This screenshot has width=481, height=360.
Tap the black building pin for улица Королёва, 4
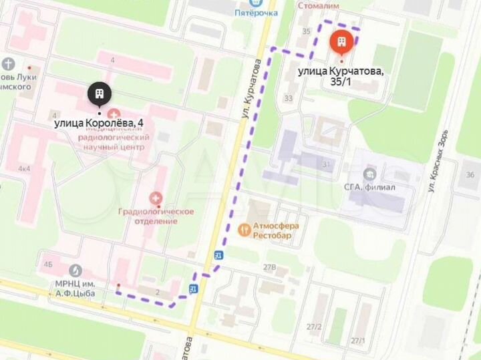tap(99, 96)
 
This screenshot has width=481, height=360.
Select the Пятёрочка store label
tap(256, 12)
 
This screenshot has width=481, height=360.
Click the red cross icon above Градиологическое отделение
tap(156, 198)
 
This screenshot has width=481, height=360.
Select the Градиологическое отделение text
tap(156, 216)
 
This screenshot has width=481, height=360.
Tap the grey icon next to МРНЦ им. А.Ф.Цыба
tap(75, 271)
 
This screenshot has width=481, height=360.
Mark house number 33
tap(288, 99)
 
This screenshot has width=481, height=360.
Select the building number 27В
tap(269, 267)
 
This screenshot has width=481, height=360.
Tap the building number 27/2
tap(314, 327)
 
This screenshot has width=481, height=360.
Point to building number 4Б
tap(47, 265)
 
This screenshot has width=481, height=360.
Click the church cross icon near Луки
tap(9, 64)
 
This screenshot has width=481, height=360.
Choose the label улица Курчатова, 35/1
tap(341, 75)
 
